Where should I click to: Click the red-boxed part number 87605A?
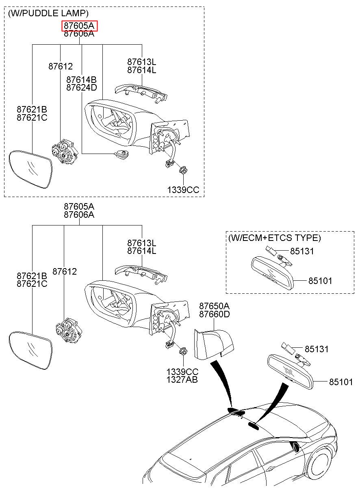(x=79, y=26)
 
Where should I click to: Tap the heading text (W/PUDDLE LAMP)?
(x=48, y=13)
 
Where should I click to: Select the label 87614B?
(x=82, y=80)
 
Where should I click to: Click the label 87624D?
(x=82, y=87)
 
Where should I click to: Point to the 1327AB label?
(x=182, y=379)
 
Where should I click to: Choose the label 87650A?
(x=215, y=306)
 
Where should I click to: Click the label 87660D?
(x=215, y=314)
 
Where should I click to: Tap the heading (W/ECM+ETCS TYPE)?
(x=275, y=238)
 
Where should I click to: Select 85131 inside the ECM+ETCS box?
(x=302, y=251)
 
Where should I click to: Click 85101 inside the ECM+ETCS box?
(x=320, y=281)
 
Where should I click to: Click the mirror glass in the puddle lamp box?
(x=30, y=169)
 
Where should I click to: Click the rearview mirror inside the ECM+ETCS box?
(x=272, y=273)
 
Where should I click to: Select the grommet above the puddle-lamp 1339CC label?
(x=183, y=170)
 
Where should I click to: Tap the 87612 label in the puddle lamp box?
(x=61, y=66)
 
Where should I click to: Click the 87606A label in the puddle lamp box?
(x=79, y=34)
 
